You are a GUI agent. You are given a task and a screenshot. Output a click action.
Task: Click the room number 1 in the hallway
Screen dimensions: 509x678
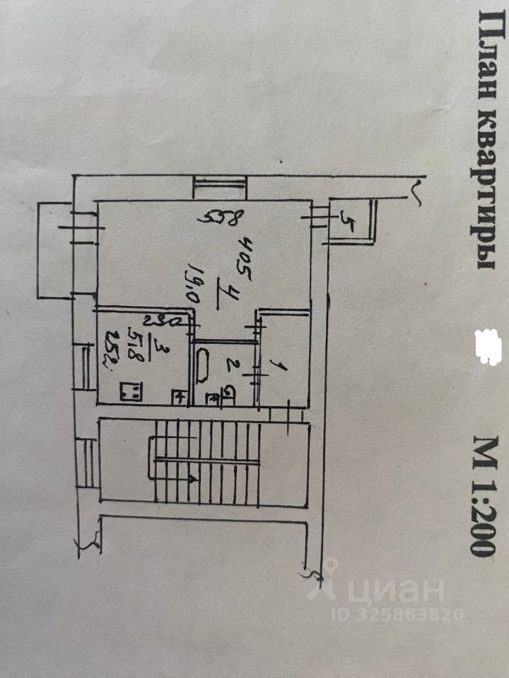point(278,366)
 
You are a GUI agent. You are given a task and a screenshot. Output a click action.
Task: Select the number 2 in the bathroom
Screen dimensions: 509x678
point(229,366)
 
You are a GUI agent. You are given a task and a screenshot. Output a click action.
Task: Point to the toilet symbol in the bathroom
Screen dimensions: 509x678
point(230,394)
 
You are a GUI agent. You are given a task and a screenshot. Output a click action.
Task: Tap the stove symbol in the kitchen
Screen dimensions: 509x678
point(130,391)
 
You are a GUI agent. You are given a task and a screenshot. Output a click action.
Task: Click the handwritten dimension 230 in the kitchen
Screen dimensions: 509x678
point(169,321)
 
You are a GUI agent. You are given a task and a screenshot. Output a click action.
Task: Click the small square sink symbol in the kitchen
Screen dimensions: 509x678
point(180,397)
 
